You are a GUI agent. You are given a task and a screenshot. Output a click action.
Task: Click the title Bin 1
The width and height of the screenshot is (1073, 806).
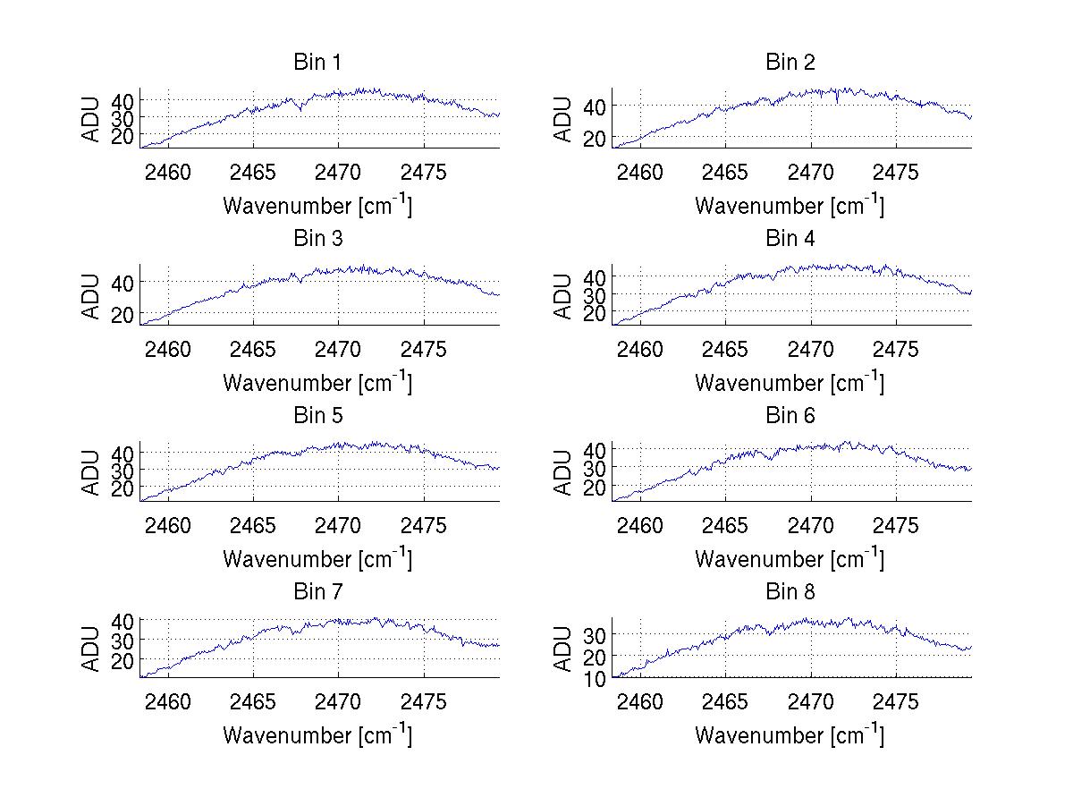pyautogui.click(x=317, y=63)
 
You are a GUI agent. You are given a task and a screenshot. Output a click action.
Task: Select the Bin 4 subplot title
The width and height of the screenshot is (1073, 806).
pyautogui.click(x=790, y=239)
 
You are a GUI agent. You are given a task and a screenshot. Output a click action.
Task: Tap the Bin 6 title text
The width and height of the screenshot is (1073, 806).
pyautogui.click(x=790, y=416)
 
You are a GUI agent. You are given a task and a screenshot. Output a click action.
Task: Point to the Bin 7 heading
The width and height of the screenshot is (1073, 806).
pyautogui.click(x=317, y=592)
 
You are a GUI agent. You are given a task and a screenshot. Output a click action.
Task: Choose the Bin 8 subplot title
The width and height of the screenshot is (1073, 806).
pyautogui.click(x=790, y=592)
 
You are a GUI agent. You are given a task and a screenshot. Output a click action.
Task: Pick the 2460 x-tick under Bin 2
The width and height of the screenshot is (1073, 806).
pyautogui.click(x=640, y=172)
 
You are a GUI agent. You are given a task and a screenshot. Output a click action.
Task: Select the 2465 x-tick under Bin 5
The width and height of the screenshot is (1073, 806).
pyautogui.click(x=254, y=525)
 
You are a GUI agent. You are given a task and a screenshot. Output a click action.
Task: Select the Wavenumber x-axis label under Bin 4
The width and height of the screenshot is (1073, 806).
pyautogui.click(x=790, y=383)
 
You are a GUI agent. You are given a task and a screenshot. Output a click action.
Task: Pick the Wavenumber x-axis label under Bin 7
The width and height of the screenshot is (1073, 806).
pyautogui.click(x=317, y=735)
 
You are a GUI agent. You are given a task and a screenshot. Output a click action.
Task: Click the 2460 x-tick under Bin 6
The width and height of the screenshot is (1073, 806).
pyautogui.click(x=640, y=525)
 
